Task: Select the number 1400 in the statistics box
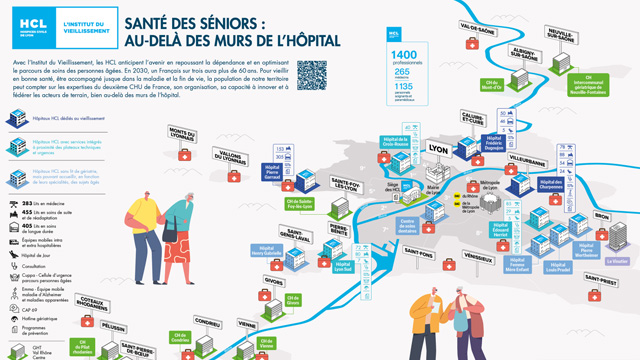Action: click(x=404, y=54)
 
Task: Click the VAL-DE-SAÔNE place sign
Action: click(x=477, y=29)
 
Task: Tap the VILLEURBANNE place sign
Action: click(x=527, y=160)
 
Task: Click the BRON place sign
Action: click(x=601, y=215)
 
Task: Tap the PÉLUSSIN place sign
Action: click(x=113, y=327)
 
